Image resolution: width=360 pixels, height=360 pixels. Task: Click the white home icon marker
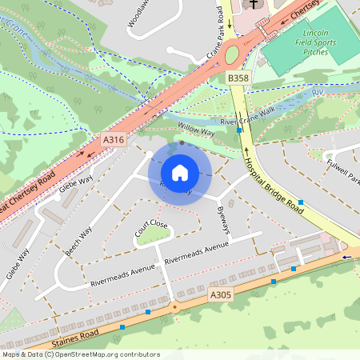click(x=180, y=172)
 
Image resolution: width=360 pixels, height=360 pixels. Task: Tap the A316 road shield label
click(x=114, y=140)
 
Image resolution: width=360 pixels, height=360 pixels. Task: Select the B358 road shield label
click(x=238, y=78)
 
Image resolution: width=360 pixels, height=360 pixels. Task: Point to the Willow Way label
click(x=196, y=129)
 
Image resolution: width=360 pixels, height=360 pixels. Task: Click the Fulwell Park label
click(x=343, y=170)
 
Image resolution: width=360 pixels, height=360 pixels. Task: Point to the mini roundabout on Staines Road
click(x=174, y=306)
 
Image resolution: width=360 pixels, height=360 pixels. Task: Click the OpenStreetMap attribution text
click(x=80, y=354)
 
